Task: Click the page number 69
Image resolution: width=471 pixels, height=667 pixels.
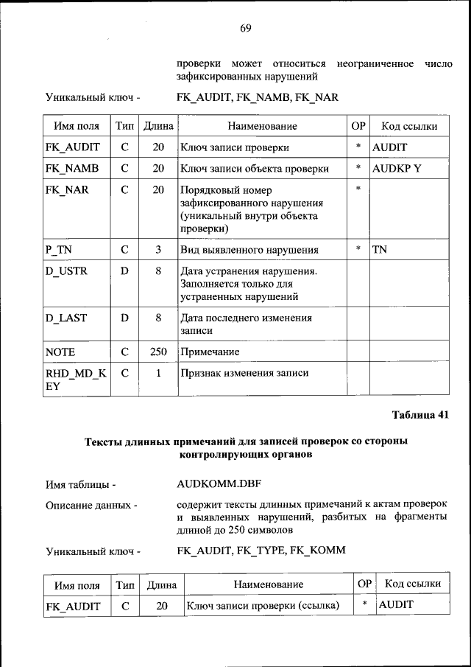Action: [245, 28]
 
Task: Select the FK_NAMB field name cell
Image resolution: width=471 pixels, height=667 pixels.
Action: [72, 168]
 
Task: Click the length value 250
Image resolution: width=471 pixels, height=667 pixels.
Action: [157, 352]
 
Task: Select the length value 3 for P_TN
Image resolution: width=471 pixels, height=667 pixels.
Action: [157, 249]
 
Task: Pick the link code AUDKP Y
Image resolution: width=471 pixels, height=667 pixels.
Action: [397, 168]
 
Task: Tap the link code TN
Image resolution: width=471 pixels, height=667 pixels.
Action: [380, 249]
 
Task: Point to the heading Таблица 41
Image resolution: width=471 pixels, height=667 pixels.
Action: [419, 414]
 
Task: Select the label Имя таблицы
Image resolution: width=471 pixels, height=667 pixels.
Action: [81, 484]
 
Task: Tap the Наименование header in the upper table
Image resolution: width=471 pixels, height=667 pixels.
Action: [262, 126]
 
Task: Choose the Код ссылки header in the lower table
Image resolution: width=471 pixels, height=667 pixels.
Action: [413, 584]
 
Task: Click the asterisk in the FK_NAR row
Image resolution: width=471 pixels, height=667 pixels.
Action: [358, 189]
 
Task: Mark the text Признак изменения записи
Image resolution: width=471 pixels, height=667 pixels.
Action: [244, 373]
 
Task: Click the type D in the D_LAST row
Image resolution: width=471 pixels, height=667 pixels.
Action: [124, 318]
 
